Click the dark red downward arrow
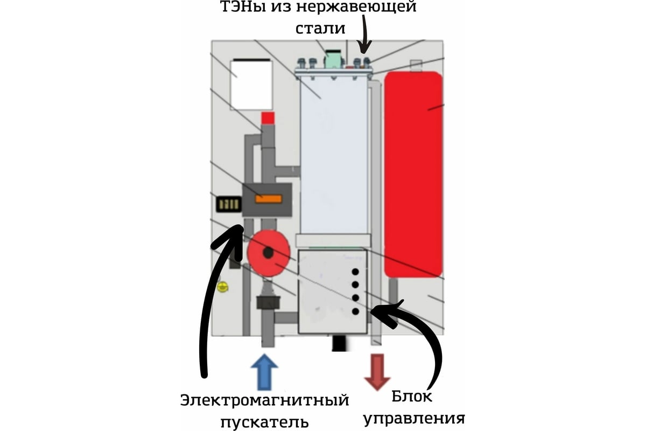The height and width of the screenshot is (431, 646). [x=377, y=372]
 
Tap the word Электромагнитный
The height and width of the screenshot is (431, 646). [x=265, y=401]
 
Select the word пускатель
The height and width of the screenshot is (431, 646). [x=265, y=421]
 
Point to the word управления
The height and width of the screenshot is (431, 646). [x=414, y=418]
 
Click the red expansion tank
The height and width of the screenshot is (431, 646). [x=413, y=172]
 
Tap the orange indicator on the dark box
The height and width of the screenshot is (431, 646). [x=268, y=199]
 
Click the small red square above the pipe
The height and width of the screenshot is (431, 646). [x=268, y=118]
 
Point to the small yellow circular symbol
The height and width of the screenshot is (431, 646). [x=221, y=288]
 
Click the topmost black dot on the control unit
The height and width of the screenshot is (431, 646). [x=355, y=272]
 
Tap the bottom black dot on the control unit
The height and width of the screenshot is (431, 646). [x=355, y=311]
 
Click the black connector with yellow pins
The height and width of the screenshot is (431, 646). [x=227, y=205]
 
